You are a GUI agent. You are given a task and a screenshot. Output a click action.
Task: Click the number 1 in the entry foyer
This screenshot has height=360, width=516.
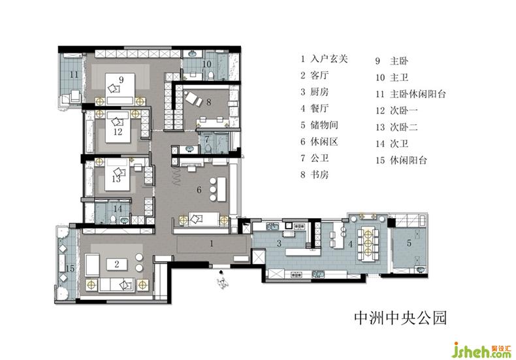pos(211,244)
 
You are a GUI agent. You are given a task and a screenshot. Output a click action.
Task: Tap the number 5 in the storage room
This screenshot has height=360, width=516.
pos(409,243)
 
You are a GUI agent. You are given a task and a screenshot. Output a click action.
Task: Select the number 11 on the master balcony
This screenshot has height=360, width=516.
pos(74,74)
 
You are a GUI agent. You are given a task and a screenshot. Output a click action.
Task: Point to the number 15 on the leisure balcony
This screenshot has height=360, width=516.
pos(70,269)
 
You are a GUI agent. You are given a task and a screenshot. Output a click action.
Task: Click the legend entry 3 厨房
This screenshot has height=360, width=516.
pos(315,92)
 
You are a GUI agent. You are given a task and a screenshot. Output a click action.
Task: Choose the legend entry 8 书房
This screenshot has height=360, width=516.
pos(315,174)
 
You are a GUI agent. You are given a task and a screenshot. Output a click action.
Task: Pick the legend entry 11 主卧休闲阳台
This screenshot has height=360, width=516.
pos(411,94)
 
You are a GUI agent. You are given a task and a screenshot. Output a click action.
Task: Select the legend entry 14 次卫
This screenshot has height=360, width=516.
pos(392,144)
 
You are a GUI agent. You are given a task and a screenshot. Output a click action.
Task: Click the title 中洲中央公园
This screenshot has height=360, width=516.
pos(400,318)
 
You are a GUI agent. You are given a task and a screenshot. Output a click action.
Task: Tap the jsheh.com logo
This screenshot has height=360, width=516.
pos(482,351)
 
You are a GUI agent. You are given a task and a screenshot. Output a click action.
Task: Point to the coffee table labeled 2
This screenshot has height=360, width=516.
pos(117,264)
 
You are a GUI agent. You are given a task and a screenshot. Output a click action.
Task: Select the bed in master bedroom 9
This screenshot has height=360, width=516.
pos(120,88)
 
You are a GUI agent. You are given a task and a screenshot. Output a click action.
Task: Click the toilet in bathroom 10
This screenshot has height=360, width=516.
pos(211,75)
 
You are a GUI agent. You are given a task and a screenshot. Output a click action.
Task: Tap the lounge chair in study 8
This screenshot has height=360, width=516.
pos(194,98)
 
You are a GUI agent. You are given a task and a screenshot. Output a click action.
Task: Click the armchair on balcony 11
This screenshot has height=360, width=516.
pos(76,96)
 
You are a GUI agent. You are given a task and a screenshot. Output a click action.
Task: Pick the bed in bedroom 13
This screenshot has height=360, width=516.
pos(118,175)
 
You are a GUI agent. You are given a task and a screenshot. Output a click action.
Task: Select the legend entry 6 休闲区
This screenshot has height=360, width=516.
pos(319,142)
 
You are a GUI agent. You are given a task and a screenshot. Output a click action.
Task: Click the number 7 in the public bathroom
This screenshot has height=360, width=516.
pos(206,139)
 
